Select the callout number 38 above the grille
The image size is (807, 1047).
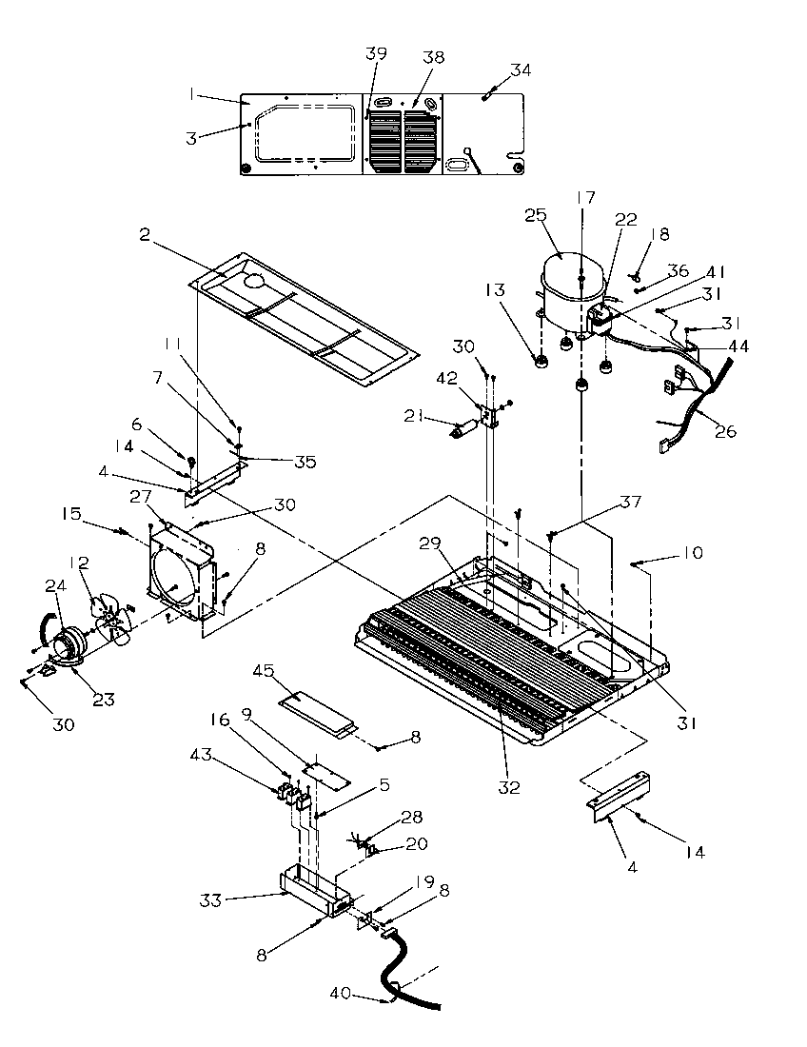[433, 57]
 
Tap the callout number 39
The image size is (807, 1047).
[377, 53]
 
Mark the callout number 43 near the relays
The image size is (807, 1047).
[229, 756]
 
